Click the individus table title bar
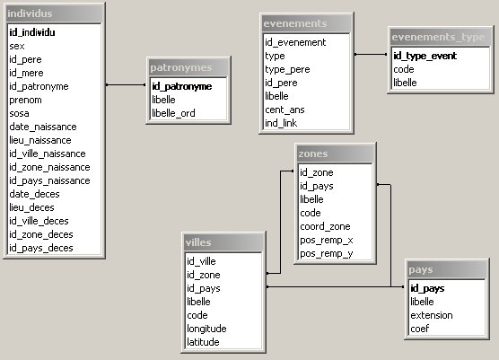(55, 13)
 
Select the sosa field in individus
(19, 113)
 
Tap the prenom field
(25, 100)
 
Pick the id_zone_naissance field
(49, 167)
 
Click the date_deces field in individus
(34, 194)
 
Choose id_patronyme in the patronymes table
(181, 86)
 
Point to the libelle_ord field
(173, 113)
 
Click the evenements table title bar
(306, 23)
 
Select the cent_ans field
(285, 110)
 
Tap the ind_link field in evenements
(281, 123)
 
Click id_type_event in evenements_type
(425, 56)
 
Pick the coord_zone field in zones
(325, 226)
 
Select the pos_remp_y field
(326, 254)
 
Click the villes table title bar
(223, 242)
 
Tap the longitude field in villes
(206, 329)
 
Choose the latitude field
(203, 342)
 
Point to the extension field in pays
(432, 315)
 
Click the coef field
(420, 329)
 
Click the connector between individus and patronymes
(126, 84)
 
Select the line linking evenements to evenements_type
(371, 55)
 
